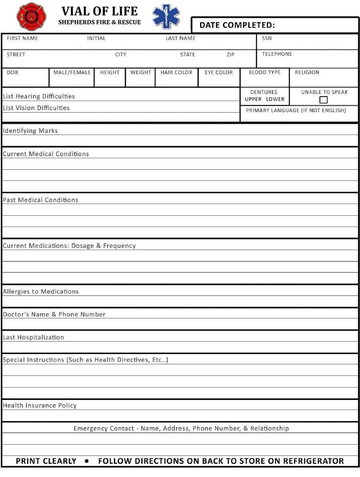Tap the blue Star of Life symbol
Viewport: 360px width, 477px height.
[x=166, y=17]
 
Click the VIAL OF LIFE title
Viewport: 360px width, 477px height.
[x=99, y=11]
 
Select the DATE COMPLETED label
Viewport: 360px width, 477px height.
[x=237, y=25]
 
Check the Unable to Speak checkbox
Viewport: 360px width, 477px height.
[x=324, y=100]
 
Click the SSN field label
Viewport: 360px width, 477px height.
[x=267, y=38]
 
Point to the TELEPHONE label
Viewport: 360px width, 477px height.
[x=277, y=54]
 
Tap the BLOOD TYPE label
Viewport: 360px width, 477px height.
[x=264, y=72]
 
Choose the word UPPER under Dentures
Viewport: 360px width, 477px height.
[x=253, y=99]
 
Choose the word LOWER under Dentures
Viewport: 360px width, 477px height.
[x=275, y=99]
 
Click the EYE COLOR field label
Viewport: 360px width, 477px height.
[x=219, y=72]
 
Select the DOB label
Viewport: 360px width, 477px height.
[x=12, y=72]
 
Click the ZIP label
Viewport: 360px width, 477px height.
[x=230, y=55]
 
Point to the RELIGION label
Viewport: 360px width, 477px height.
[x=307, y=72]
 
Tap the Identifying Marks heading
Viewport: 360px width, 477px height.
[x=30, y=131]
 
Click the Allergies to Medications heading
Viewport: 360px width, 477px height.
[x=41, y=291]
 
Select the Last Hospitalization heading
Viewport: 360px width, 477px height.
[x=34, y=337]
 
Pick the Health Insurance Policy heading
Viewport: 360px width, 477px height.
[x=40, y=405]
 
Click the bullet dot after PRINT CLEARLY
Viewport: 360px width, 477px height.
[x=87, y=461]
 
